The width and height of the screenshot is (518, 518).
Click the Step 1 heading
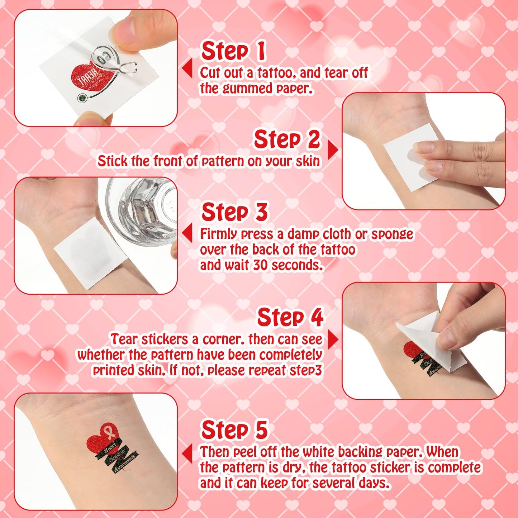(234, 51)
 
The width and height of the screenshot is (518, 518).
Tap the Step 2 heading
(287, 139)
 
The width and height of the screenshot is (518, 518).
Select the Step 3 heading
(235, 212)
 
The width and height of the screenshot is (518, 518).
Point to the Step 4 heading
(290, 317)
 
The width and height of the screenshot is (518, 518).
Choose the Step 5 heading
(235, 429)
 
